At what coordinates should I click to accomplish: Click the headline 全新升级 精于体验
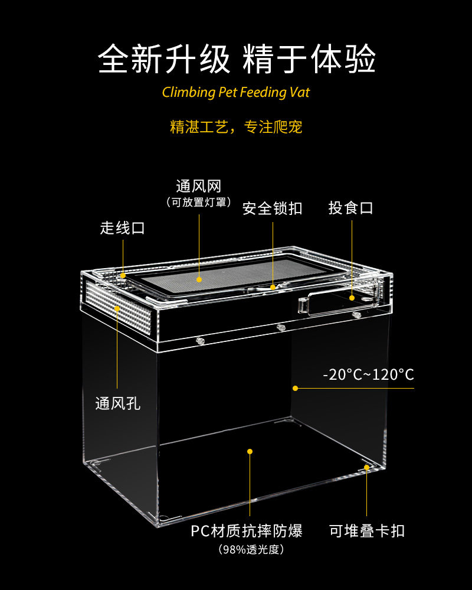[x=237, y=59]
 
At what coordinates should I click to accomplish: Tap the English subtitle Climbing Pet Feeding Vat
[x=235, y=92]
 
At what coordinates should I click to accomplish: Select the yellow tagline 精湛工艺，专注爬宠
[x=236, y=127]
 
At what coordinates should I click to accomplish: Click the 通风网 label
[x=198, y=186]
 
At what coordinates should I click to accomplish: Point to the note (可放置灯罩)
[x=198, y=203]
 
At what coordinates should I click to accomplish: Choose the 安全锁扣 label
[x=273, y=208]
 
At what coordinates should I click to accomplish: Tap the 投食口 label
[x=351, y=208]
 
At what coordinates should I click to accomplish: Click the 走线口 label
[x=123, y=228]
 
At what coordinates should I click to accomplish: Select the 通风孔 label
[x=117, y=404]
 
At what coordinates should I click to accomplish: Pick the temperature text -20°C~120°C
[x=368, y=375]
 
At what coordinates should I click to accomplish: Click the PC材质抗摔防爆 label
[x=247, y=531]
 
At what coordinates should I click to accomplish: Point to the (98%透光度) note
[x=251, y=550]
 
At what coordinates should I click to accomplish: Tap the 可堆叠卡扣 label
[x=367, y=531]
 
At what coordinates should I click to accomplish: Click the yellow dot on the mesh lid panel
[x=199, y=279]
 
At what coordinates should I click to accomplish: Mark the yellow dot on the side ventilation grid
[x=117, y=308]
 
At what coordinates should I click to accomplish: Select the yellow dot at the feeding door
[x=352, y=298]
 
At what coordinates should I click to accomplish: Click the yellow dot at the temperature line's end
[x=296, y=388]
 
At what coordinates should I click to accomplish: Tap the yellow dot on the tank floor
[x=250, y=451]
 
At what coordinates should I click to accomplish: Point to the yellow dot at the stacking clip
[x=367, y=467]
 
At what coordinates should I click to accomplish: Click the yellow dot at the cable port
[x=123, y=276]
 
